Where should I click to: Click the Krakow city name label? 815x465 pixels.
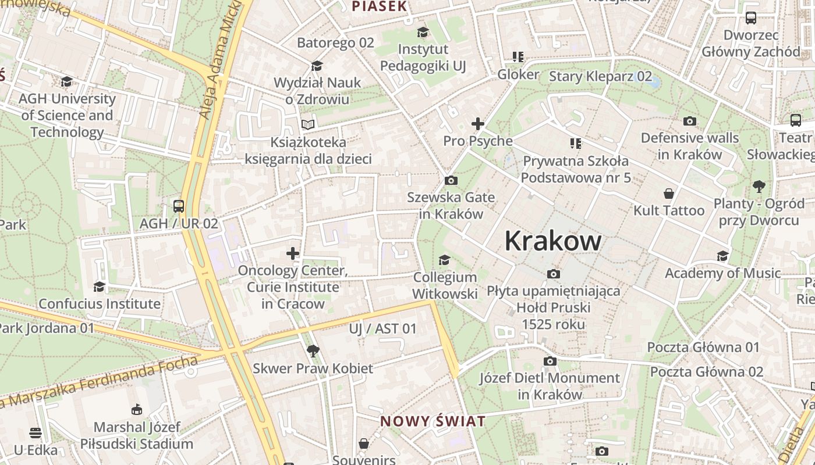[x=552, y=241]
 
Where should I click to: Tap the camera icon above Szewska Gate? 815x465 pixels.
[x=451, y=181]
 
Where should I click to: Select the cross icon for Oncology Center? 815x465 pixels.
[x=293, y=253]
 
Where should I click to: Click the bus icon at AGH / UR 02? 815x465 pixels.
[x=178, y=206]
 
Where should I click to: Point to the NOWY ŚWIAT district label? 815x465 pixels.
[x=433, y=421]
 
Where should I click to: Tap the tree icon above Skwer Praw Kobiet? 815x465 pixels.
[x=313, y=350]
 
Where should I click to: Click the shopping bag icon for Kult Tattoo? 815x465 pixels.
[x=669, y=194]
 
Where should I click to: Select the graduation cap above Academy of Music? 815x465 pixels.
[x=722, y=256]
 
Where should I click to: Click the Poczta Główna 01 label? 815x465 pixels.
[x=703, y=348]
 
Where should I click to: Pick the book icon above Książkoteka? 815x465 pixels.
[x=308, y=124]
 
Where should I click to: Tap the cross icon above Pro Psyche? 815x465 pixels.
[x=478, y=124]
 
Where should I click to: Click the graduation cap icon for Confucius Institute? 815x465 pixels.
[x=99, y=287]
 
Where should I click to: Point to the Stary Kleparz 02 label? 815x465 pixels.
[x=601, y=76]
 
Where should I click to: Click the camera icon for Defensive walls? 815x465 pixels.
[x=690, y=121]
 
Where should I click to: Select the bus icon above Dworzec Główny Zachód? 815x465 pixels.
[x=750, y=18]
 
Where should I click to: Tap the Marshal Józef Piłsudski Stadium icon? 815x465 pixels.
[x=136, y=410]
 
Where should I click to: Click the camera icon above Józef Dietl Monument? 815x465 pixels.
[x=550, y=362]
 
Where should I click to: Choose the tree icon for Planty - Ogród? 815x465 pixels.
[x=759, y=187]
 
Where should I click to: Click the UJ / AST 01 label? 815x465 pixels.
[x=382, y=329]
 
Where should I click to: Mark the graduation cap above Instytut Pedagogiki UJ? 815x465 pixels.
[x=423, y=33]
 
